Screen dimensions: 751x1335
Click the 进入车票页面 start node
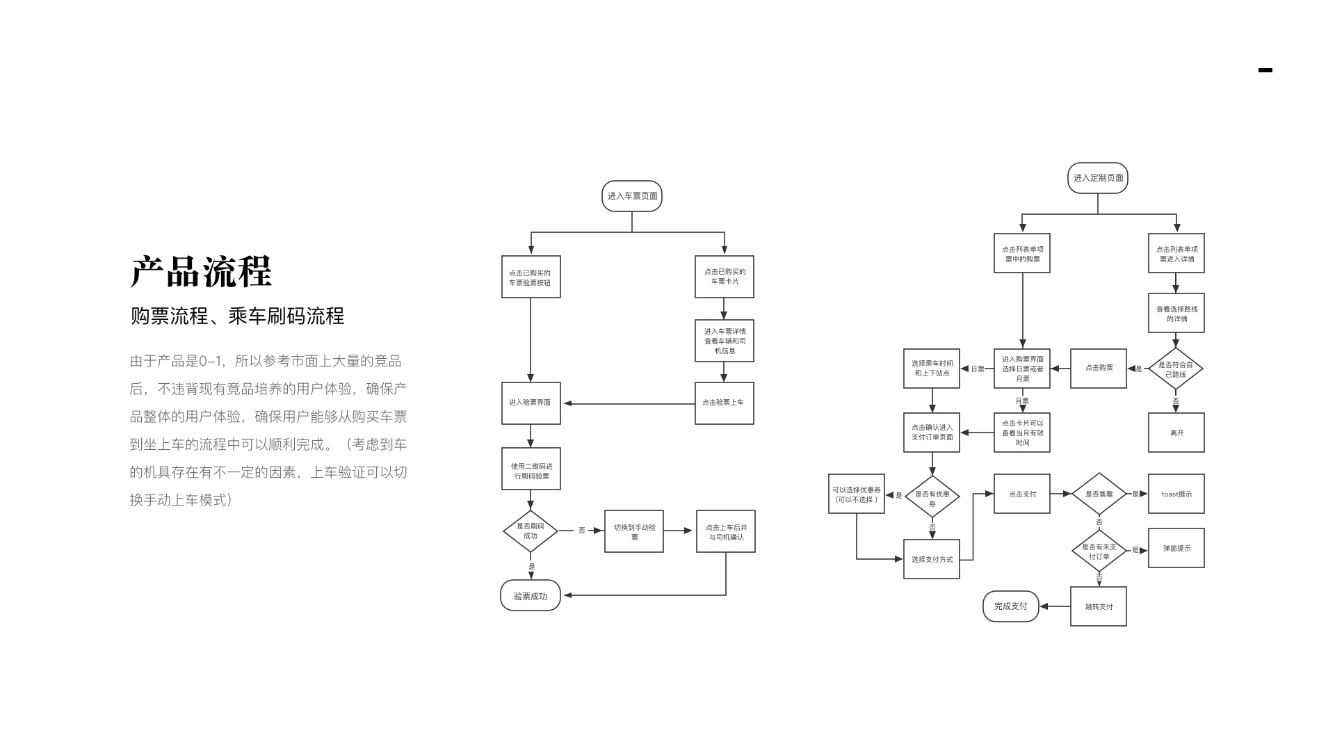631,196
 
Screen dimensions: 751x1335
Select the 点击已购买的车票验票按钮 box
531,277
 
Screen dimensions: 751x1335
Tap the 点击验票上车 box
724,403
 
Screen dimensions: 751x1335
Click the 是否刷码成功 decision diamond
531,531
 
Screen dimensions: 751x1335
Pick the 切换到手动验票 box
633,531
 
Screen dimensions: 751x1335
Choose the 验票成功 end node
531,596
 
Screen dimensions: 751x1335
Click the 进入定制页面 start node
1097,178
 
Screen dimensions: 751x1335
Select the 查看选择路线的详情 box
1176,313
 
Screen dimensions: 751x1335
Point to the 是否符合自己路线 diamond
1176,369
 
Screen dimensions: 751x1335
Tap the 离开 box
1176,433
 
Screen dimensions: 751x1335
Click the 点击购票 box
1098,368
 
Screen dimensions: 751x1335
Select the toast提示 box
1176,494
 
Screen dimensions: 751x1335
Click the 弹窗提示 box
1176,548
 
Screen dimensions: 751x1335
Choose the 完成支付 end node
1010,606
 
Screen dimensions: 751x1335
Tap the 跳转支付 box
1098,606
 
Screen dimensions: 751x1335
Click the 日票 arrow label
978,369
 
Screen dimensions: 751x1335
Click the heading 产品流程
201,272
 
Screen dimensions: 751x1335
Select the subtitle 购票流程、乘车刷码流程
237,316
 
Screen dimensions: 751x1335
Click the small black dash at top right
1265,70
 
